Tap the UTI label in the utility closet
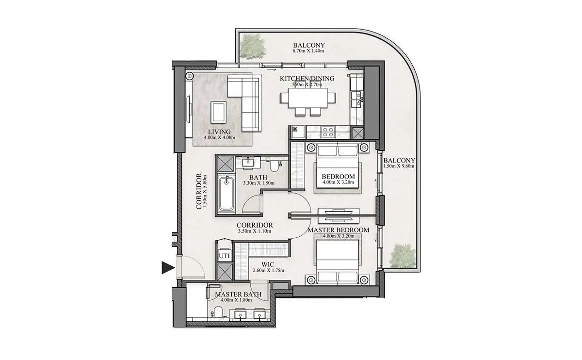(x=224, y=256)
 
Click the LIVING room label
(x=219, y=132)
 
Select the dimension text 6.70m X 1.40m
(x=308, y=51)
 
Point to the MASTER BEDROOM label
(x=339, y=230)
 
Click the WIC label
(x=268, y=264)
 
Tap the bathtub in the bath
(x=226, y=194)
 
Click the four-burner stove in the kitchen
(x=328, y=132)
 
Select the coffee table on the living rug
(x=218, y=113)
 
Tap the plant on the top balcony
(x=253, y=47)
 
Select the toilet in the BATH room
(x=274, y=165)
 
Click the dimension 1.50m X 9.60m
(x=399, y=166)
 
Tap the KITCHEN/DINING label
(x=307, y=78)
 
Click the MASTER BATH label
(x=238, y=295)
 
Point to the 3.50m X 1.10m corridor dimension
(x=255, y=231)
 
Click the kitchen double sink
(x=357, y=99)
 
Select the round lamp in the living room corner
(x=190, y=76)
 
